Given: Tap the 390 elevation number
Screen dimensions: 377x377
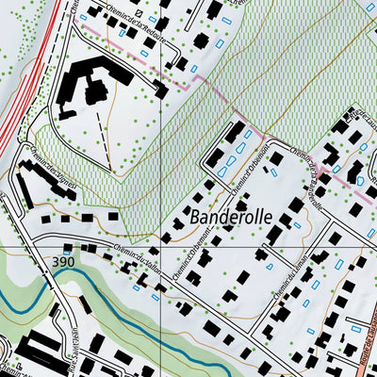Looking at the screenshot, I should pos(64,260).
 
